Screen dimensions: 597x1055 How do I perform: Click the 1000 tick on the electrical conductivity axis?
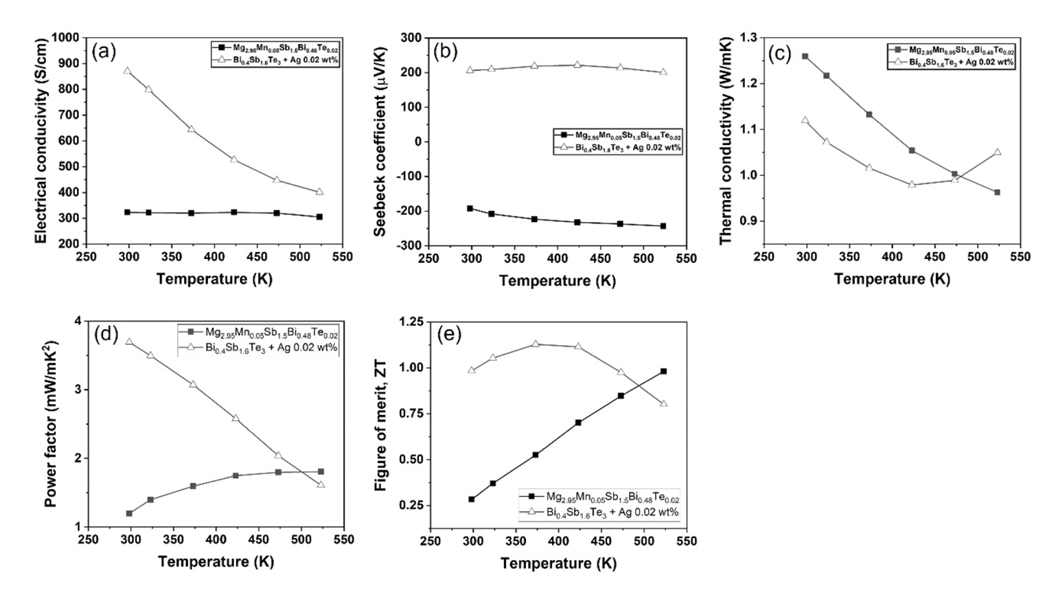62,38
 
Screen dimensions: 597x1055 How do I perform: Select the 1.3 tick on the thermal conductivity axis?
750,38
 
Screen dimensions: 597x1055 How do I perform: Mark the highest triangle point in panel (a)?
128,71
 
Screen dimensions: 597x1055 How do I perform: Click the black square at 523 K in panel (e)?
664,371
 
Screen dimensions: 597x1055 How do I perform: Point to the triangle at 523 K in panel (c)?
997,152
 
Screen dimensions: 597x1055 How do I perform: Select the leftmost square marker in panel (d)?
129,514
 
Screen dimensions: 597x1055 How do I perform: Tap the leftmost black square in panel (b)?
471,209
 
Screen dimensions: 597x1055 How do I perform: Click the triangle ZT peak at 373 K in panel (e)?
535,344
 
